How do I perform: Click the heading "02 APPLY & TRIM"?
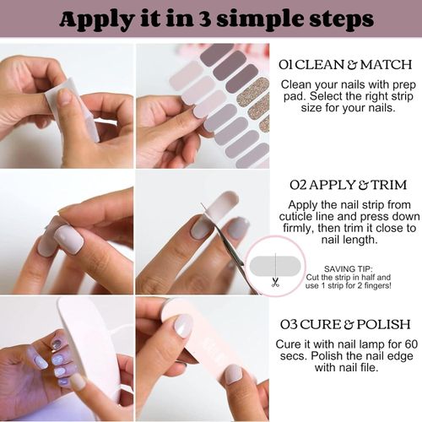coord(347,183)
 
